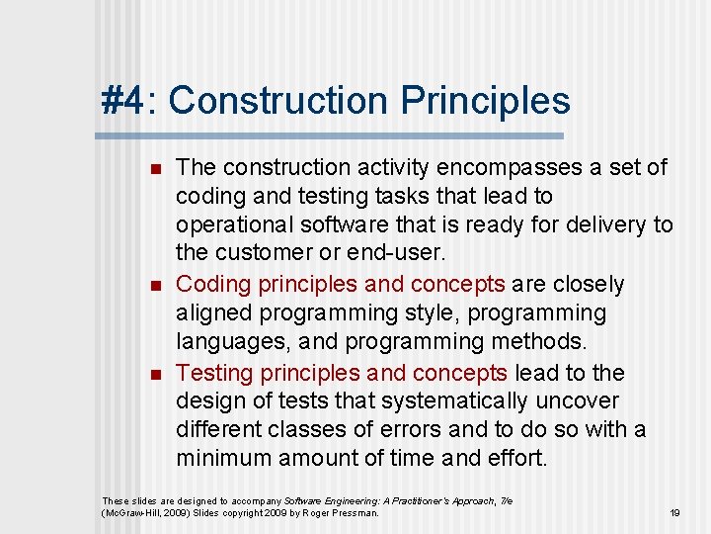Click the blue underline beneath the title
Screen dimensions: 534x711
(332, 135)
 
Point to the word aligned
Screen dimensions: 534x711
(215, 313)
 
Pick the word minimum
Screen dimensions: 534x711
(223, 459)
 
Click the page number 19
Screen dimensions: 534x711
(675, 512)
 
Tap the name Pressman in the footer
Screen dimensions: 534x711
(355, 512)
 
